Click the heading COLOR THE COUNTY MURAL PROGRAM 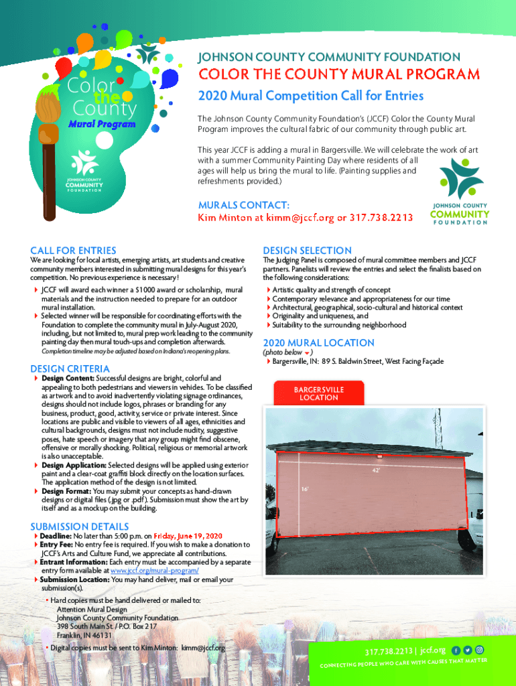(337, 74)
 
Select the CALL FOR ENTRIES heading (73, 251)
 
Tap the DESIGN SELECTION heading (307, 251)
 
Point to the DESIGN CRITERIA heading (70, 368)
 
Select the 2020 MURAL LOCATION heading (309, 342)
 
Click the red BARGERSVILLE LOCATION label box (319, 393)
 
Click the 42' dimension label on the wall (376, 471)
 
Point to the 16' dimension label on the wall (304, 489)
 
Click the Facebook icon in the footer (456, 650)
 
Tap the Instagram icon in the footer (479, 650)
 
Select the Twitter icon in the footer (468, 650)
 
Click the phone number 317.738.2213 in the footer (389, 651)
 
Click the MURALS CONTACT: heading (244, 205)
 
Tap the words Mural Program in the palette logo (101, 124)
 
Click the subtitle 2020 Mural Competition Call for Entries (310, 96)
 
